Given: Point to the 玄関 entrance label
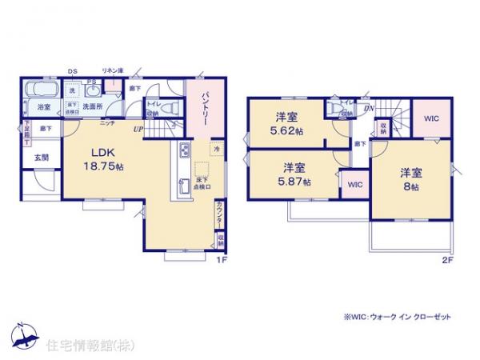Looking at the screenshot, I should click(x=42, y=158).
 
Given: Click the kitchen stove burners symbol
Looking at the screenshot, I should click(x=184, y=151).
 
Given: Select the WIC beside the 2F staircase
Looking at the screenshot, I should click(x=430, y=118).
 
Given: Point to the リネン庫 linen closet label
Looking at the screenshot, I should click(x=111, y=70).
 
